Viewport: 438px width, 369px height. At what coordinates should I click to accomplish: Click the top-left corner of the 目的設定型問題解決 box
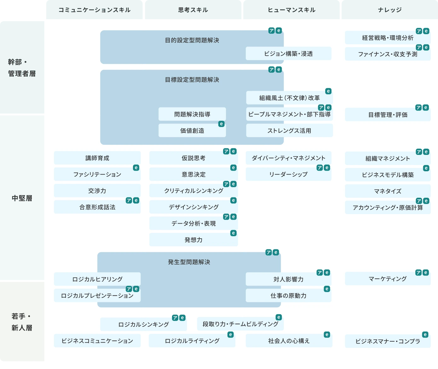[100, 31]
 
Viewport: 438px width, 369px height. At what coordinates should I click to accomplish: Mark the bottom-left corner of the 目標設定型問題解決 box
[100, 145]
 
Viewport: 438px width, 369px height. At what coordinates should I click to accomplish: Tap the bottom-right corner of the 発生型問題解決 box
[281, 307]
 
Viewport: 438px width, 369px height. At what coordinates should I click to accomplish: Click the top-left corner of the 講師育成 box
[54, 151]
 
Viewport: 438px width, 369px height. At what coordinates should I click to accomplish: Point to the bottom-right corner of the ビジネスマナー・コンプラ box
[431, 348]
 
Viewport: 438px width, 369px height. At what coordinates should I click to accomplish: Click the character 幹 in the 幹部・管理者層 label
[12, 62]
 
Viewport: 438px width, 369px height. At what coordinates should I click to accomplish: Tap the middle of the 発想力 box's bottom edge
[193, 246]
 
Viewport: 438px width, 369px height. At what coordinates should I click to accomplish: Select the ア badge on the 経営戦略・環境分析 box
[419, 31]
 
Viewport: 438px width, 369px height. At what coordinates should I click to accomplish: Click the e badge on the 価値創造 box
[221, 124]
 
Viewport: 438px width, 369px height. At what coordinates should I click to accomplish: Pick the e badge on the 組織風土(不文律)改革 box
[328, 91]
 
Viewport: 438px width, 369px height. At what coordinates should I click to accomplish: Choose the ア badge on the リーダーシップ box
[320, 168]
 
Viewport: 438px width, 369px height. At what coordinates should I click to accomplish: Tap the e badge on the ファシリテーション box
[136, 168]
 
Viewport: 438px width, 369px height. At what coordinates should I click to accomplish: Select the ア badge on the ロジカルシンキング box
[175, 318]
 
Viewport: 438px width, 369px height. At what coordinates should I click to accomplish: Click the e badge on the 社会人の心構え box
[327, 335]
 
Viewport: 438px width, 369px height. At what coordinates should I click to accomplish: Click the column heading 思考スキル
[193, 10]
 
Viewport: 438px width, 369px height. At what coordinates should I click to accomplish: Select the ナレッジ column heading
[390, 10]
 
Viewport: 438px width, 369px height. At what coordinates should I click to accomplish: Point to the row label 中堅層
[22, 198]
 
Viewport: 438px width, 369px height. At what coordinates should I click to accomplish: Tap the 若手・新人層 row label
[22, 322]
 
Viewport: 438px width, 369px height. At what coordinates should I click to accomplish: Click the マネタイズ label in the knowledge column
[388, 191]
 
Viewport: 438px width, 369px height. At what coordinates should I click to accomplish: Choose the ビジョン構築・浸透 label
[288, 54]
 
